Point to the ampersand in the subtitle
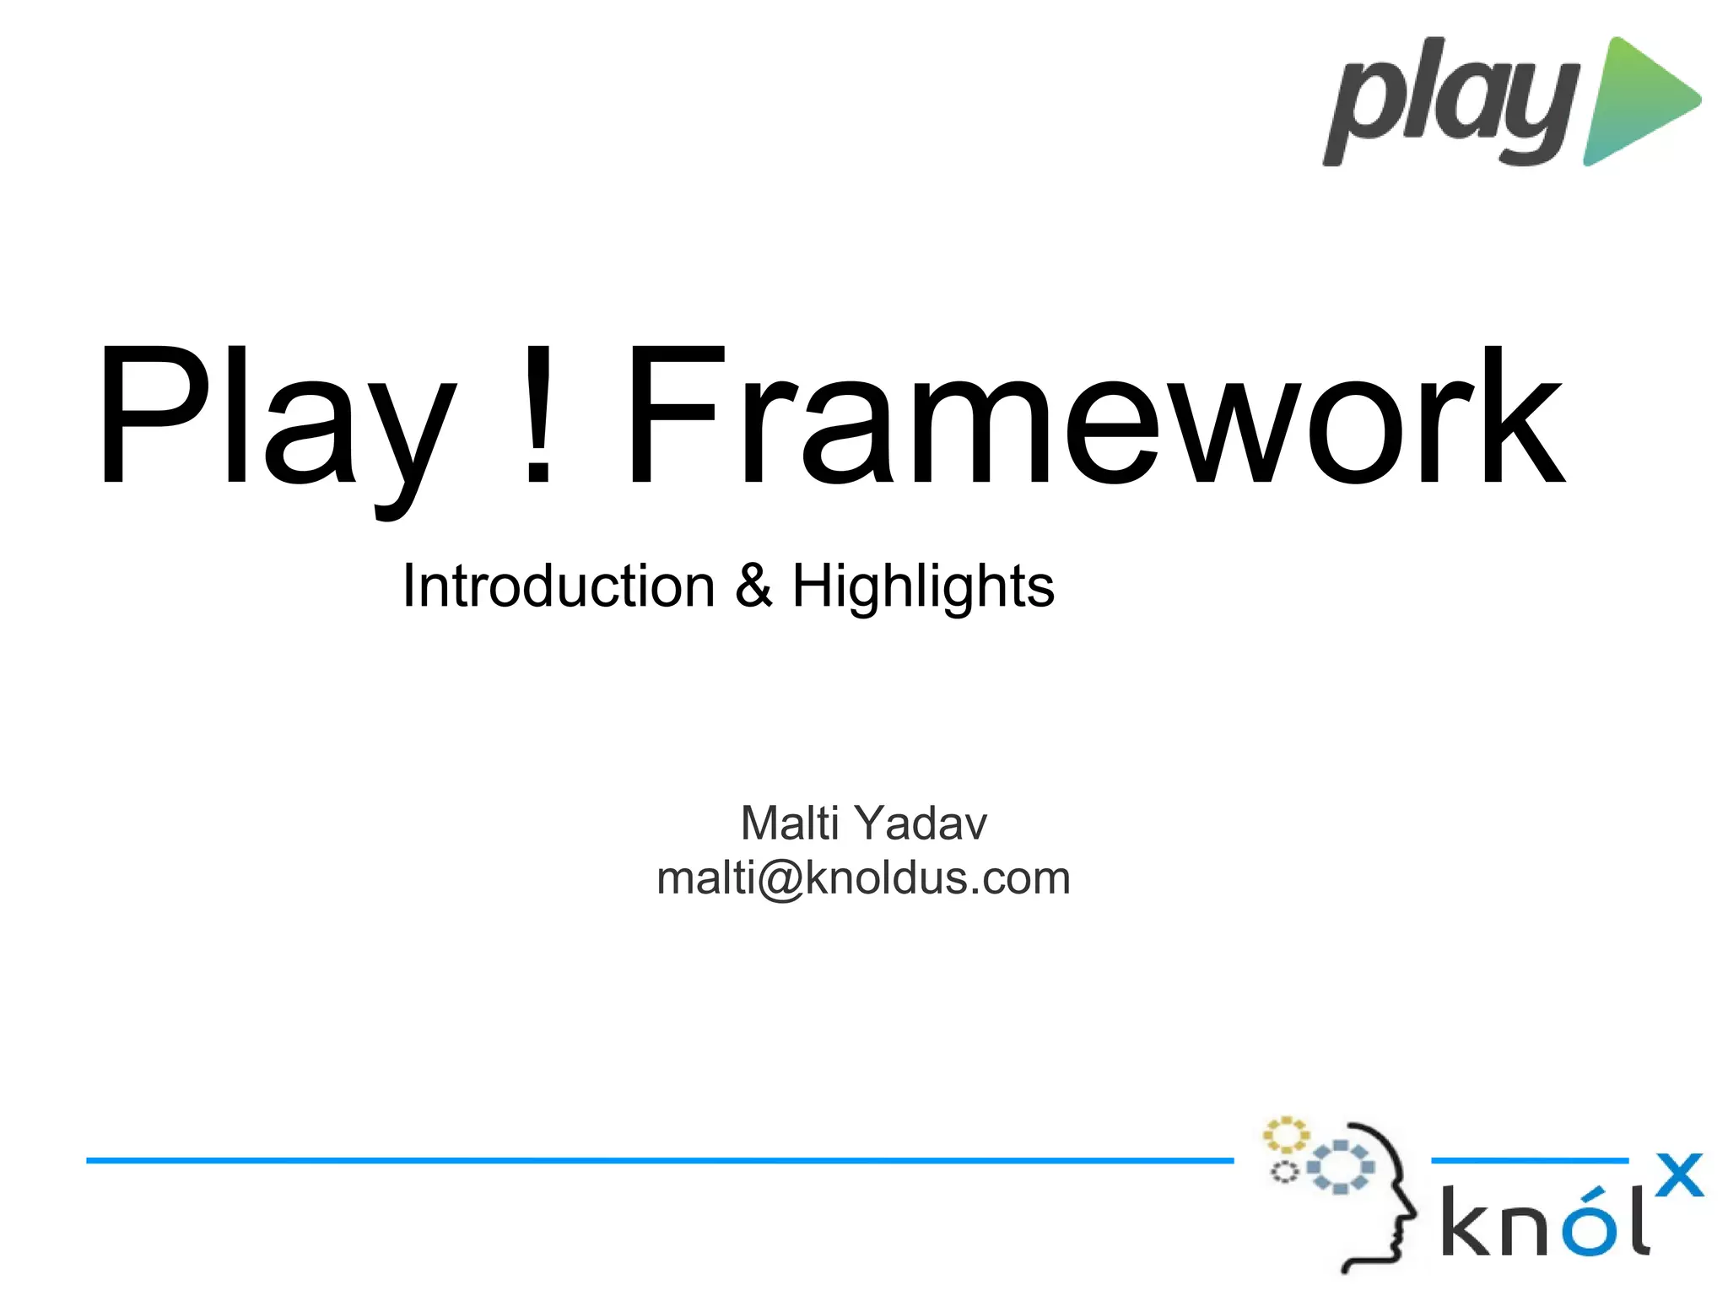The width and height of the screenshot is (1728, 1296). tap(753, 586)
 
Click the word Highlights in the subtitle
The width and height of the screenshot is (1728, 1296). tap(923, 587)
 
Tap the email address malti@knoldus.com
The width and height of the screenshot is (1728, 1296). tap(863, 878)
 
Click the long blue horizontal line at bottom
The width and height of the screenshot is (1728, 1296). tap(658, 1161)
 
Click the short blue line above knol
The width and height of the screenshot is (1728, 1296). tap(1529, 1161)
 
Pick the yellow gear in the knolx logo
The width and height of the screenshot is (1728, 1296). tap(1284, 1136)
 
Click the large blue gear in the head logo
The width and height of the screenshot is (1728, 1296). tap(1339, 1167)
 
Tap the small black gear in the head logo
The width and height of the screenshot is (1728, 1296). tap(1283, 1172)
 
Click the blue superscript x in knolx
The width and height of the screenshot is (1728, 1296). tap(1678, 1175)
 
